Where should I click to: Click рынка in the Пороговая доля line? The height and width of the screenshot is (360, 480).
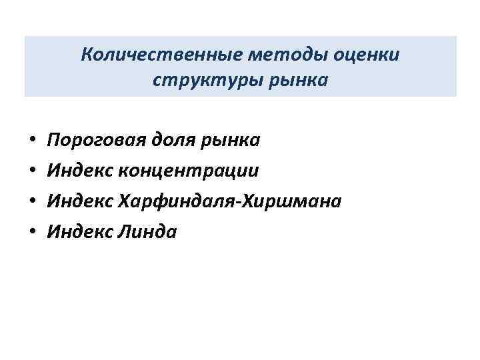(232, 141)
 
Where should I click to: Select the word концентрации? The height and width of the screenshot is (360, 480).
(188, 171)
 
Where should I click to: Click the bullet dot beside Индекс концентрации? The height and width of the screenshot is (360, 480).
(33, 172)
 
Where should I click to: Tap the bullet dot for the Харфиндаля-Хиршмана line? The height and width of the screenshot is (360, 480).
(33, 202)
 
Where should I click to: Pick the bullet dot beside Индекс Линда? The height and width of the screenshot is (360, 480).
(33, 232)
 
